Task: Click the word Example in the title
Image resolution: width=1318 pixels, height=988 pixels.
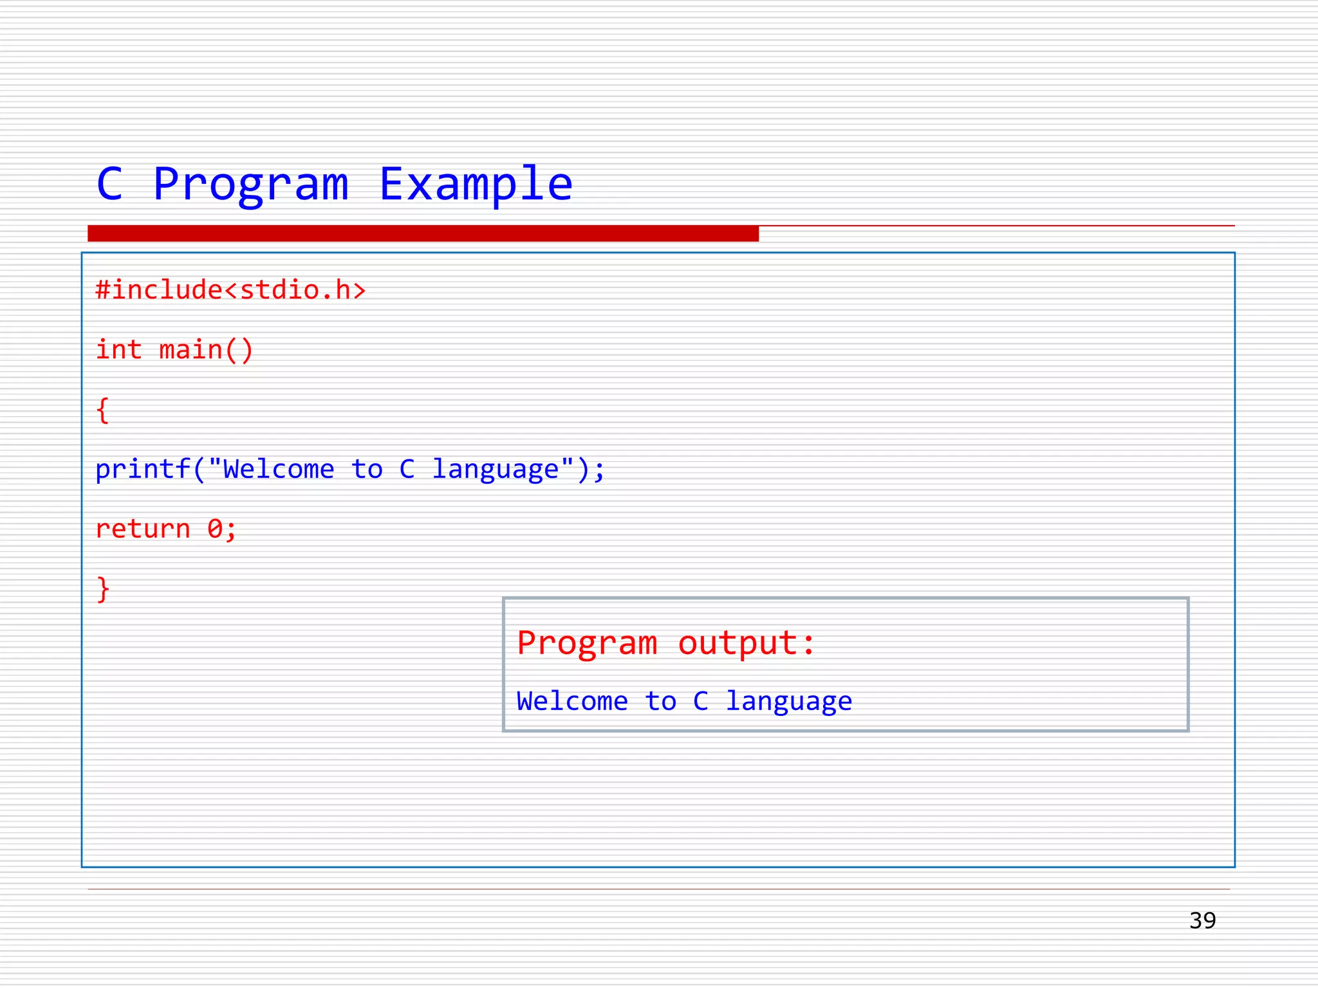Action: click(x=476, y=185)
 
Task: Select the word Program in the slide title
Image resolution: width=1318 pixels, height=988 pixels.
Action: click(x=251, y=185)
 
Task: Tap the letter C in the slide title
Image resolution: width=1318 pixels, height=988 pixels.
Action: click(x=109, y=185)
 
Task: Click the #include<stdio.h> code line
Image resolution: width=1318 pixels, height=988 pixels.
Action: click(x=230, y=290)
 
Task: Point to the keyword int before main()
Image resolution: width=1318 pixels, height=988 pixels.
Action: click(x=118, y=350)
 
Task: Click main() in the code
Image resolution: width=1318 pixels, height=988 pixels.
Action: click(x=206, y=350)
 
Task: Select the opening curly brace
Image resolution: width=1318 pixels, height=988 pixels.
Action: click(x=103, y=410)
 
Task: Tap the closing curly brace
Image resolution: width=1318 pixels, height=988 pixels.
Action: click(x=103, y=589)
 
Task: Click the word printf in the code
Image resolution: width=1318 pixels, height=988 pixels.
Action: click(x=142, y=470)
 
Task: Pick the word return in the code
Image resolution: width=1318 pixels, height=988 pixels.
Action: click(x=142, y=529)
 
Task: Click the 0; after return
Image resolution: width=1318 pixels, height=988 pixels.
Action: click(x=222, y=529)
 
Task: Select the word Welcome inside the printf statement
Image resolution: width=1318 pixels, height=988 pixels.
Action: click(x=278, y=470)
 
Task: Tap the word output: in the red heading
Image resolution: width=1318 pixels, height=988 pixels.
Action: click(x=747, y=643)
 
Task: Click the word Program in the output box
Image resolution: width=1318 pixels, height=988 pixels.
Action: click(x=587, y=643)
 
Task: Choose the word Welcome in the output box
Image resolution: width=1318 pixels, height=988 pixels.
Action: click(x=572, y=701)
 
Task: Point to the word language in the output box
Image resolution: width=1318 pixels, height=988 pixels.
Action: click(x=789, y=701)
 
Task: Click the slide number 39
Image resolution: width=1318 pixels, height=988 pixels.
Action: click(x=1202, y=920)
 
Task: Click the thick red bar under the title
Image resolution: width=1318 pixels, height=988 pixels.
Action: click(x=423, y=233)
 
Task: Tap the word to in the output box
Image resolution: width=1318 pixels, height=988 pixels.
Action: click(x=661, y=701)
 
